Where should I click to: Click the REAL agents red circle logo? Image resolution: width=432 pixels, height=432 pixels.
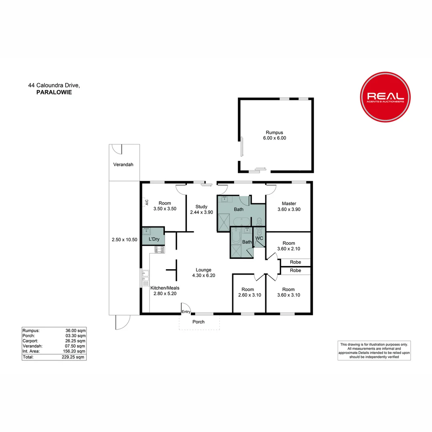pyautogui.click(x=385, y=97)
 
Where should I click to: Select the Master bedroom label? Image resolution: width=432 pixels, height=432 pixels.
pyautogui.click(x=288, y=203)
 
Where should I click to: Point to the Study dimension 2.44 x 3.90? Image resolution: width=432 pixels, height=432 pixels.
pyautogui.click(x=201, y=212)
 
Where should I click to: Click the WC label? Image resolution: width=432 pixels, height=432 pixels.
pyautogui.click(x=259, y=238)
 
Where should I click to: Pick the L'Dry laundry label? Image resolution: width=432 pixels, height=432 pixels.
pyautogui.click(x=154, y=239)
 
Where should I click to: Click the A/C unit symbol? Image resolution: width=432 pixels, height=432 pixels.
pyautogui.click(x=146, y=202)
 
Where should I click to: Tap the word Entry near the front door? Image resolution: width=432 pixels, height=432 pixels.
pyautogui.click(x=186, y=312)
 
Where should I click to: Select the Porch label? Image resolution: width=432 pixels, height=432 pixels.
pyautogui.click(x=198, y=322)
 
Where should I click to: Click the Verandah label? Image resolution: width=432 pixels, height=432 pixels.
pyautogui.click(x=123, y=164)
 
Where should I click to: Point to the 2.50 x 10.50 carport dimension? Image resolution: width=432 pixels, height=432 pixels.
pyautogui.click(x=124, y=240)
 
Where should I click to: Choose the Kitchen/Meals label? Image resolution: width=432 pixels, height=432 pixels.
pyautogui.click(x=164, y=288)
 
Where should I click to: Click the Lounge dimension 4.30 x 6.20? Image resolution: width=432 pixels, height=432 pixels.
pyautogui.click(x=203, y=275)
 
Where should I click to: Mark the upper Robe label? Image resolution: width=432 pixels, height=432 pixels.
pyautogui.click(x=295, y=262)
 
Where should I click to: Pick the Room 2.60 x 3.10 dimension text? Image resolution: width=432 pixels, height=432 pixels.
pyautogui.click(x=248, y=295)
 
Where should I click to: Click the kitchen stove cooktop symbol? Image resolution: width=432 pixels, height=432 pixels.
pyautogui.click(x=159, y=250)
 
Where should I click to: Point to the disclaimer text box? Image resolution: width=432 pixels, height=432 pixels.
pyautogui.click(x=374, y=350)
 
